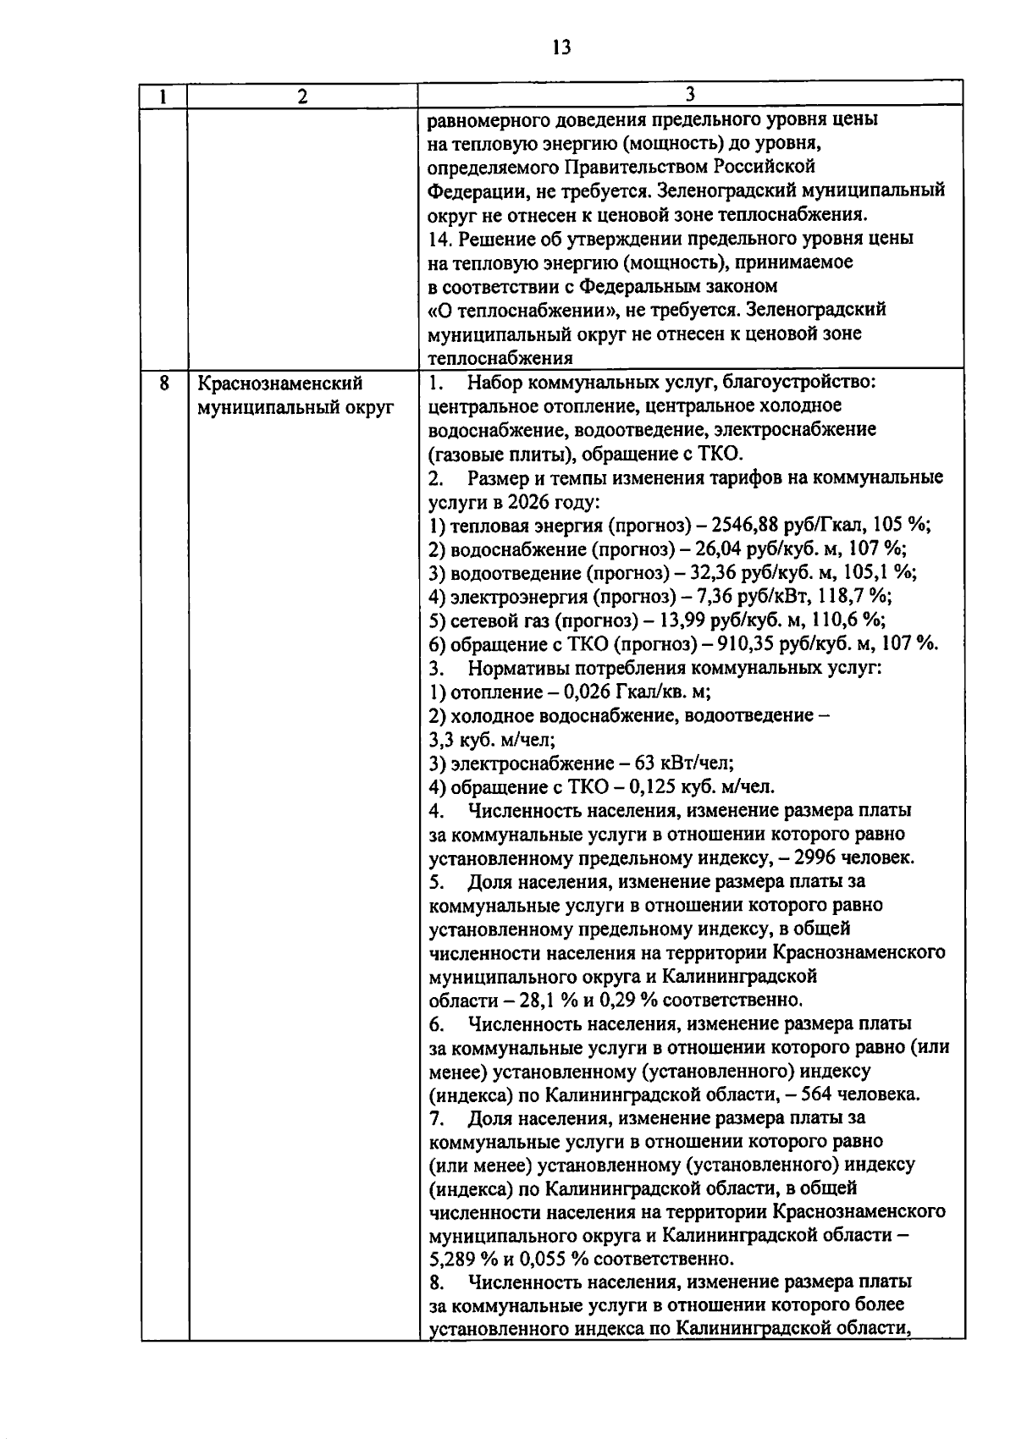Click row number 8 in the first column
(163, 383)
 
